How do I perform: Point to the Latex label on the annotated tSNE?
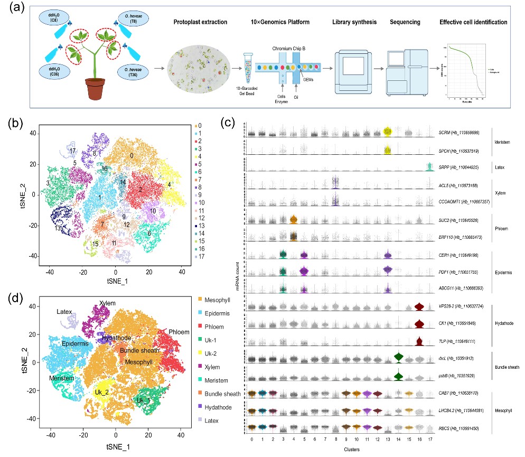click(x=66, y=313)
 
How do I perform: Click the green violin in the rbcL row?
click(x=398, y=358)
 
